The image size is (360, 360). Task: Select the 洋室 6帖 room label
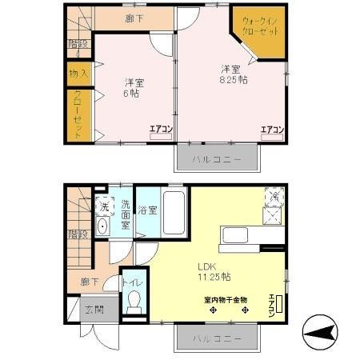pos(134,86)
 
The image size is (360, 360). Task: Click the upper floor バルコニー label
pos(216,159)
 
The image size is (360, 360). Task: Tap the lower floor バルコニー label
pos(216,340)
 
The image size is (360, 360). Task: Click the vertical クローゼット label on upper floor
pos(78,115)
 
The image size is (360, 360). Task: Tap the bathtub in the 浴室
pos(174,214)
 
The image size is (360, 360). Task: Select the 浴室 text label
pos(146,210)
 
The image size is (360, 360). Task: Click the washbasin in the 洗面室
pos(102,226)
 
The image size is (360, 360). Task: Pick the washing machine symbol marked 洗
pos(103,206)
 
